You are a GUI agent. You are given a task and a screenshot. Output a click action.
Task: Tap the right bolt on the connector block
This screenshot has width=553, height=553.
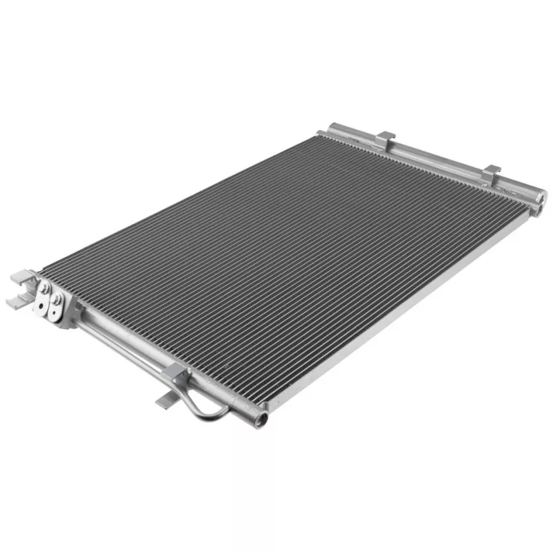pos(58,298)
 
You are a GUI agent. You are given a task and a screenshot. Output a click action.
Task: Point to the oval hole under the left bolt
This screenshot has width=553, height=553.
pos(49,304)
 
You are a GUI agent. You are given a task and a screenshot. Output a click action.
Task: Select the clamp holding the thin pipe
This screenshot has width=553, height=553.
pos(176,375)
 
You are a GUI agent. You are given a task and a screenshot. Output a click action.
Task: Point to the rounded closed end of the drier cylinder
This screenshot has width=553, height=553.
pos(334,129)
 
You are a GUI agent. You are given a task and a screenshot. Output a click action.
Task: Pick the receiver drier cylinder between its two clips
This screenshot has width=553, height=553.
pos(435,158)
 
